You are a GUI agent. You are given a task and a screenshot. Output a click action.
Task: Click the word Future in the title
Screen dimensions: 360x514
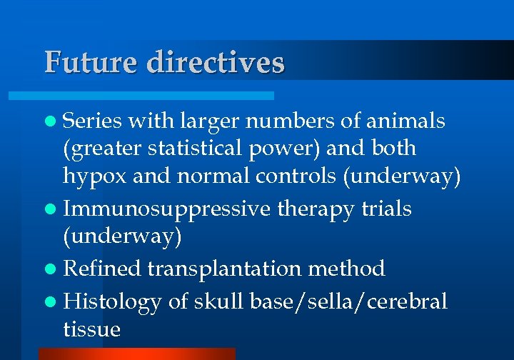coord(91,62)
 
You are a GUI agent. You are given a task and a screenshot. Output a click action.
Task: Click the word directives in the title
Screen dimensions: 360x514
coord(216,62)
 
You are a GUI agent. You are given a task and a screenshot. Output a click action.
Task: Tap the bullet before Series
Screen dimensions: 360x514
coord(54,122)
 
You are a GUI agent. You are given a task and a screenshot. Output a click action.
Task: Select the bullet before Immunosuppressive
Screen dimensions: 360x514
coord(54,209)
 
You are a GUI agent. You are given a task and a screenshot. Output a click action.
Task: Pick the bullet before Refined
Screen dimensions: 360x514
coord(54,269)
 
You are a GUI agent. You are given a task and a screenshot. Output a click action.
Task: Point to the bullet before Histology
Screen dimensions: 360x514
coord(54,302)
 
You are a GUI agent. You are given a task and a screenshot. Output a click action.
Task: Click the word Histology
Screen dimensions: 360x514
coord(112,302)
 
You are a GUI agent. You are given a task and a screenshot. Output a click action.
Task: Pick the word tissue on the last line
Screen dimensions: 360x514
coord(91,329)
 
